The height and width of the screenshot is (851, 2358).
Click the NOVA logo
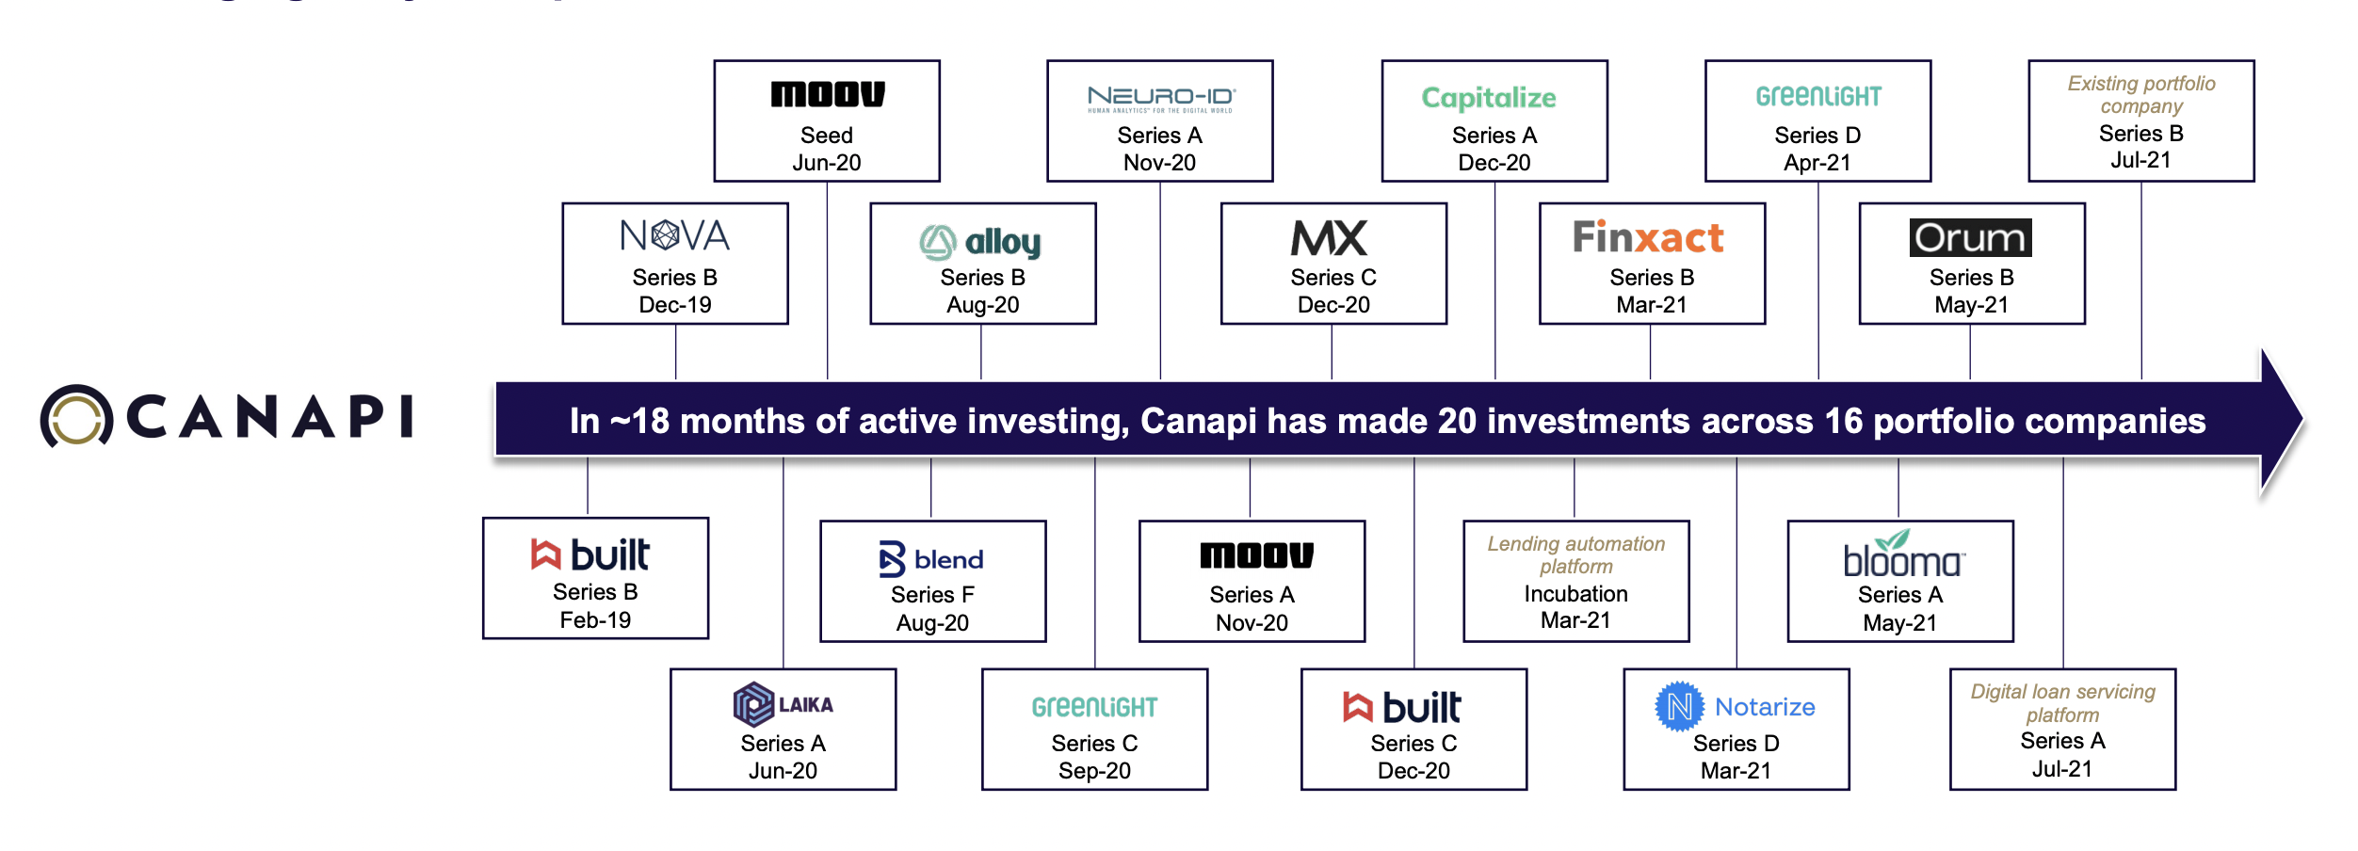[674, 235]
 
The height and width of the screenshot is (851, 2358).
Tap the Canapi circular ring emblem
[76, 416]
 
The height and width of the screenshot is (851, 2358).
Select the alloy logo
[980, 242]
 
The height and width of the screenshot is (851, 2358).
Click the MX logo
[1329, 237]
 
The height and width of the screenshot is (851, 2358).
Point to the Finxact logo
[1648, 237]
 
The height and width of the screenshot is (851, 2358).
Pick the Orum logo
[1970, 237]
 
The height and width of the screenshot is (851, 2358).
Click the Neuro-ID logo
[1160, 98]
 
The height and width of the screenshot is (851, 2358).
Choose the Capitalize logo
[1488, 98]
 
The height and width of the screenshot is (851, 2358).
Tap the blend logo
[931, 559]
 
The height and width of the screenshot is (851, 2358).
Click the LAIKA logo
[783, 704]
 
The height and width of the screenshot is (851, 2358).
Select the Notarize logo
[1735, 706]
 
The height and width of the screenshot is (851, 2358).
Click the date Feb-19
[595, 620]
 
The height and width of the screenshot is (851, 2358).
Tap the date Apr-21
[1817, 163]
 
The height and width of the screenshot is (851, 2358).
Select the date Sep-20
[1094, 771]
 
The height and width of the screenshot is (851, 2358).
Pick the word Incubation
[1575, 594]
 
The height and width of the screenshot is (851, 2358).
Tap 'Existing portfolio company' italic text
[2140, 95]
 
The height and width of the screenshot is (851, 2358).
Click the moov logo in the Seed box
[827, 94]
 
